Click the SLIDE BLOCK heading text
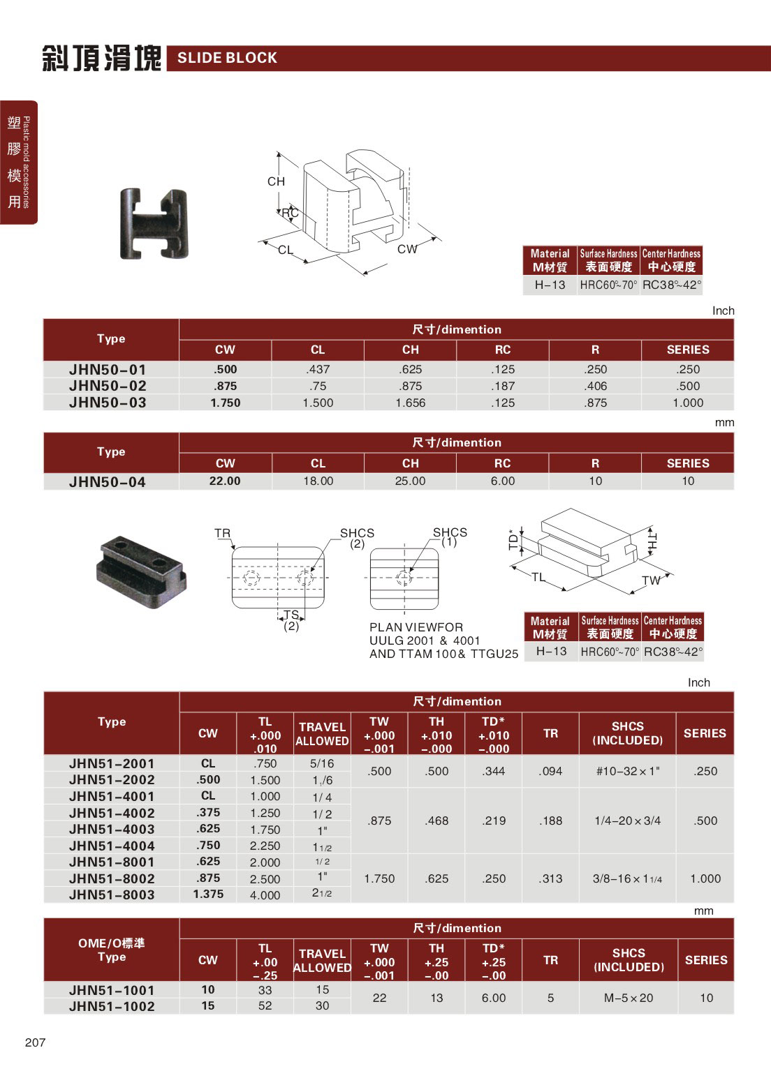(x=227, y=58)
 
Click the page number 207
(x=35, y=1042)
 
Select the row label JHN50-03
(x=108, y=403)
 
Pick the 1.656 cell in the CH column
(x=410, y=403)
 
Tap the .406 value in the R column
(x=596, y=386)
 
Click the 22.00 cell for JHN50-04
(x=225, y=481)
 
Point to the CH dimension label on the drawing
(x=276, y=181)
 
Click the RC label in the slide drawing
(x=290, y=213)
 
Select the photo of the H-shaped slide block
(x=154, y=223)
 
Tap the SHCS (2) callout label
(x=357, y=537)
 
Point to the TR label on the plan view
(x=222, y=533)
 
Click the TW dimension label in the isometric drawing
(x=651, y=580)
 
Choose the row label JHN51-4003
(x=112, y=829)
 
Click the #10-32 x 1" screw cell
(x=627, y=771)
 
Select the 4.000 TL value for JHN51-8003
(x=265, y=894)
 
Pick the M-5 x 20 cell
(x=629, y=998)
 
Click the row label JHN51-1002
(x=112, y=1006)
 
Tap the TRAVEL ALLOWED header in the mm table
(x=322, y=960)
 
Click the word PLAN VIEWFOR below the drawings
(x=416, y=627)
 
